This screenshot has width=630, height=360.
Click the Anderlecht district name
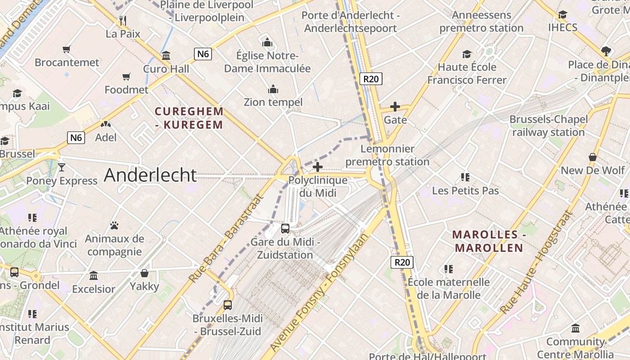point(150,175)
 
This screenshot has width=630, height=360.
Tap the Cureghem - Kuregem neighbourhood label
point(189,118)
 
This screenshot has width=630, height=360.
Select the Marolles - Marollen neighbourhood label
point(489,241)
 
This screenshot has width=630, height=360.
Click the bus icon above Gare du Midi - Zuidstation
point(285,228)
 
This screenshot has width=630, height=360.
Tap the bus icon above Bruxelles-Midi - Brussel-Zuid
point(228,305)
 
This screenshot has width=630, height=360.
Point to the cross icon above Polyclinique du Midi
point(318,167)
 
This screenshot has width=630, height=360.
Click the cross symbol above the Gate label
point(395,107)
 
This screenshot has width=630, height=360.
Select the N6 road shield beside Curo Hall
point(203,54)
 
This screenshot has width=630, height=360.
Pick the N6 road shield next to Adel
point(76,137)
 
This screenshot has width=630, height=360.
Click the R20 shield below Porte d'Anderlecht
point(371,79)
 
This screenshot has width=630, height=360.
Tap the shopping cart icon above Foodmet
point(126,77)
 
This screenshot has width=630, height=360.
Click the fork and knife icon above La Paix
point(123,20)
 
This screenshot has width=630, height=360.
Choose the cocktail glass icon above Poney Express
point(62,167)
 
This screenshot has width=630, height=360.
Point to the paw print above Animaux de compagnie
point(114,225)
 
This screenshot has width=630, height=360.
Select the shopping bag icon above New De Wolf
point(593,157)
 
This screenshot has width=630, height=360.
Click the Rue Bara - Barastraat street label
point(226,238)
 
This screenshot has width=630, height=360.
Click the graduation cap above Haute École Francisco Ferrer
point(467,54)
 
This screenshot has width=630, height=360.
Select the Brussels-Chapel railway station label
point(549,126)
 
